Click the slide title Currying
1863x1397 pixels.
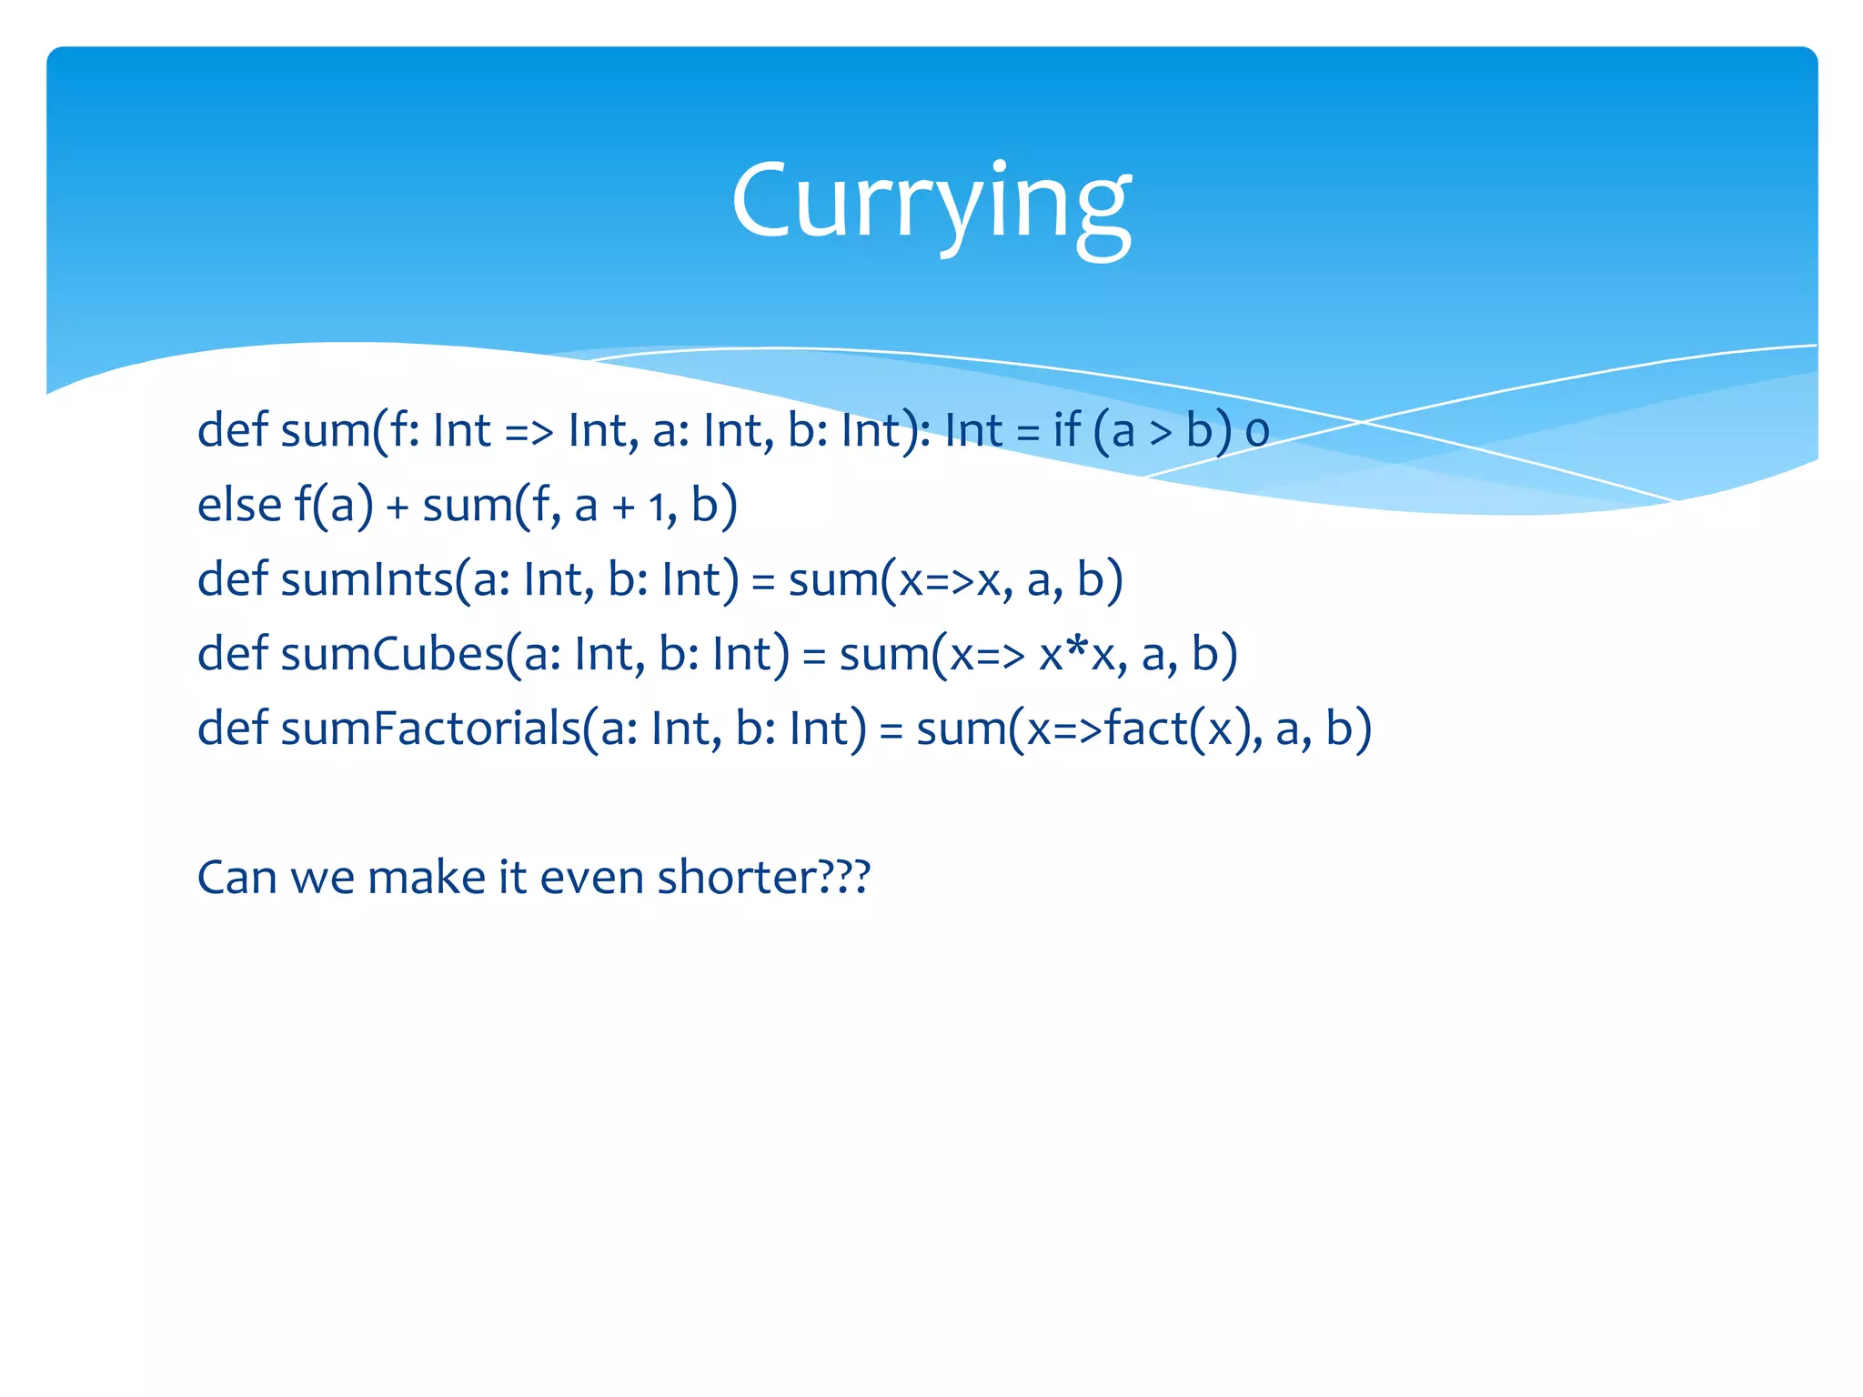click(x=931, y=202)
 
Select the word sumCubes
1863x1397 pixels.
click(x=391, y=654)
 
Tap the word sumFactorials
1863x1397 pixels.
click(x=429, y=729)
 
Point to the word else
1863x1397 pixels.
click(x=238, y=505)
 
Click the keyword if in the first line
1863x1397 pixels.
click(x=1067, y=430)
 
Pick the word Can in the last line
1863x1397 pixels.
click(x=237, y=878)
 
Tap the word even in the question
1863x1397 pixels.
click(x=592, y=878)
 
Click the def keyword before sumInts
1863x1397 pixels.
click(x=232, y=579)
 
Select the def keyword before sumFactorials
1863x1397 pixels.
click(x=232, y=729)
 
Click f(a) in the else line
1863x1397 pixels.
click(x=334, y=505)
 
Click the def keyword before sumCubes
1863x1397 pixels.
click(x=232, y=654)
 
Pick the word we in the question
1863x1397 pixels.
click(x=322, y=878)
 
